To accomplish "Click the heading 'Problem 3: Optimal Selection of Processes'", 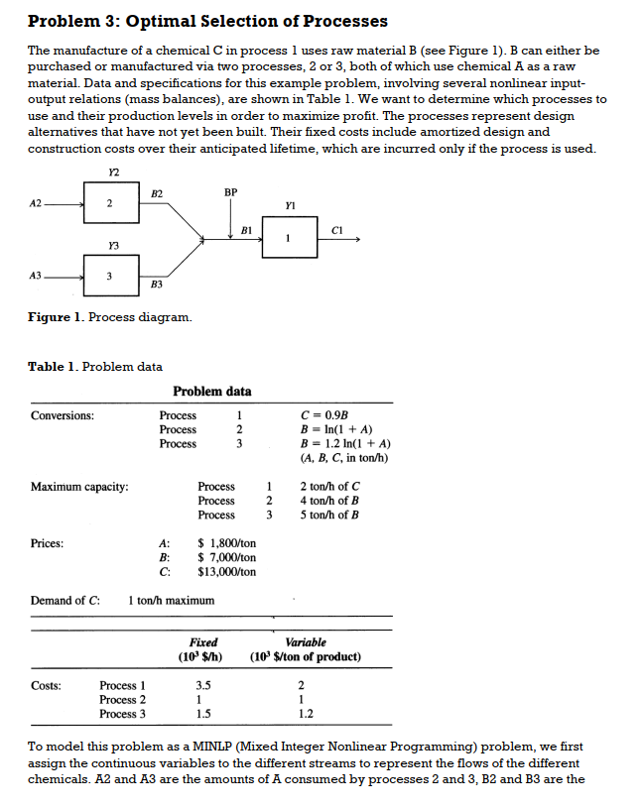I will pos(207,21).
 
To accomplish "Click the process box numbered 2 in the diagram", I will pos(111,202).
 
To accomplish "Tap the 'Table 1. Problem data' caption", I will pos(95,367).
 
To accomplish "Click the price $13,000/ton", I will pos(227,572).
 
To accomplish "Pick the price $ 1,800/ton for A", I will pos(227,543).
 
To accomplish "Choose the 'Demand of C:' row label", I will pos(65,601).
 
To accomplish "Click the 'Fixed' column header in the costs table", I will pos(203,642).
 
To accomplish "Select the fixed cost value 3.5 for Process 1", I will pos(203,685).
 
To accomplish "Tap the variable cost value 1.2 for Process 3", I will pos(305,714).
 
